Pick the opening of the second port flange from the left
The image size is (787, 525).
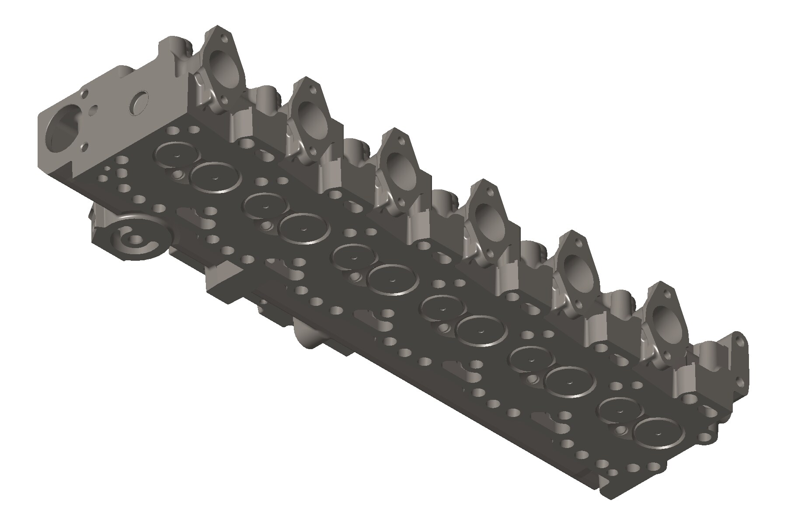pos(313,119)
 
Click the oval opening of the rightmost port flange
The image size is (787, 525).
pos(667,322)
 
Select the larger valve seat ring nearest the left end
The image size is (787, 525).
pos(216,177)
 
